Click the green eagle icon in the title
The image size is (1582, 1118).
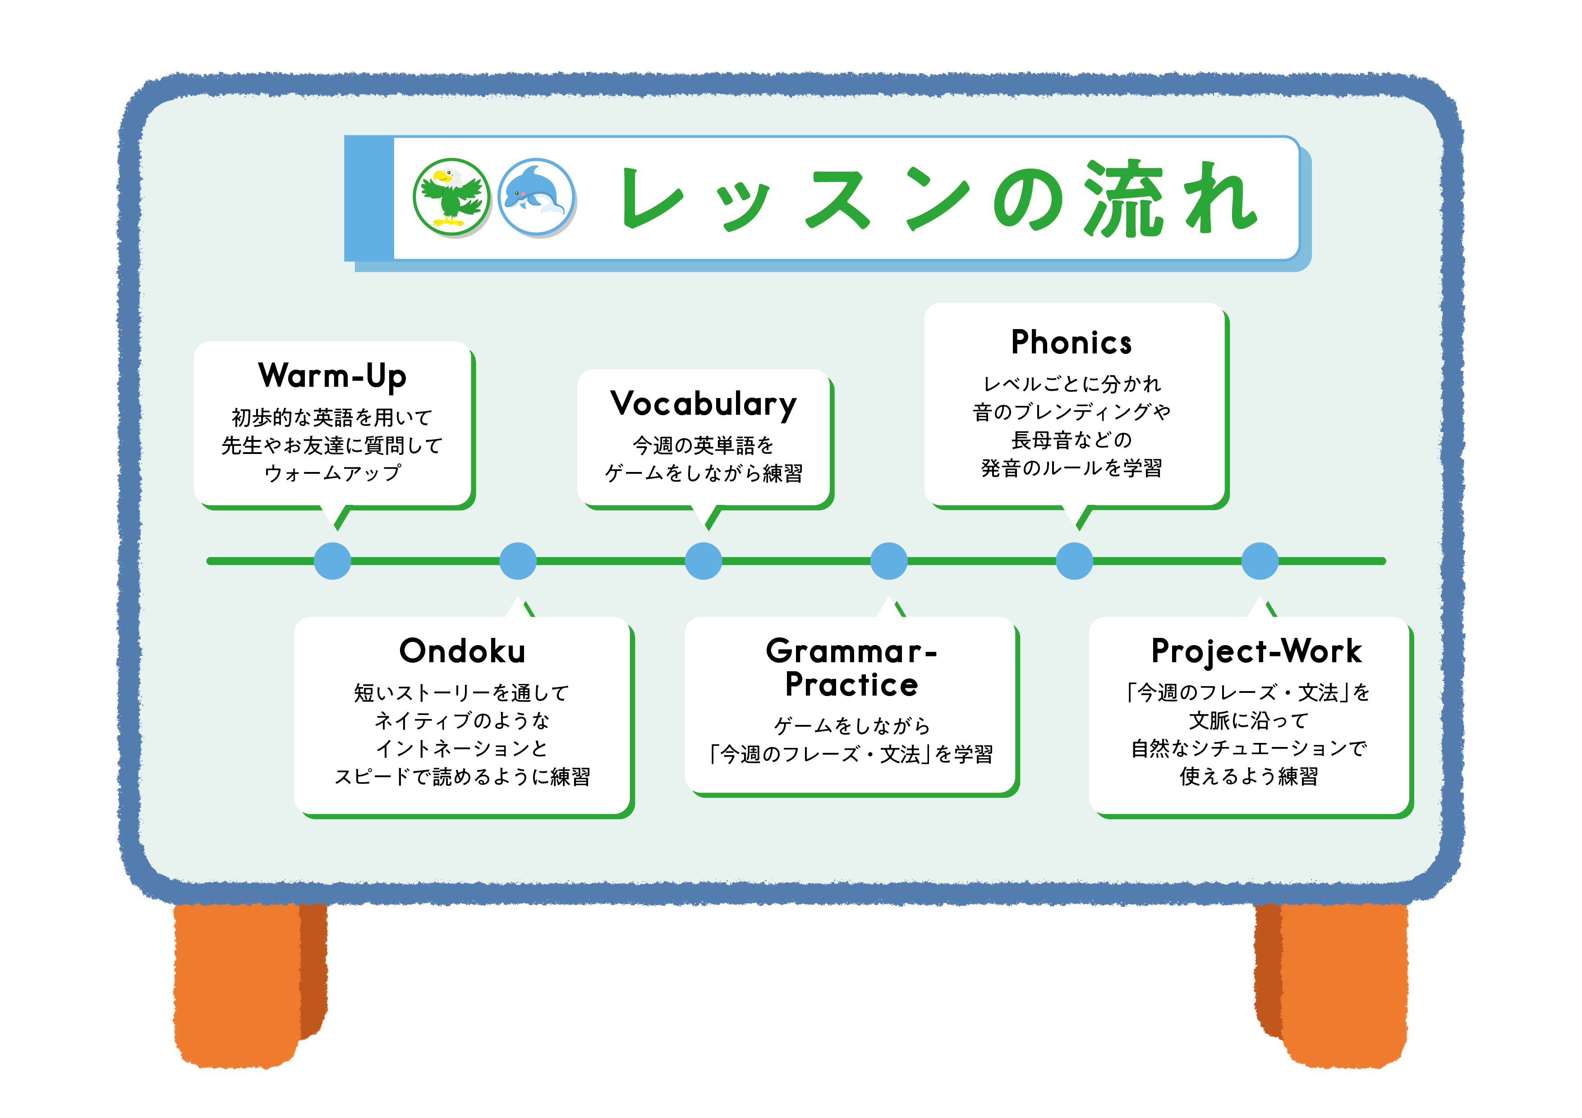(451, 197)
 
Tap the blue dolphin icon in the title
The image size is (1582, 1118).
(535, 197)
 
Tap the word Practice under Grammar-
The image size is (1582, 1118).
(851, 685)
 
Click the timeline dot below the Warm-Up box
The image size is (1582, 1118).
(332, 561)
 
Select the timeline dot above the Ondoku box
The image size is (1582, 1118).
(517, 561)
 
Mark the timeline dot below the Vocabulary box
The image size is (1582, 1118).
(703, 561)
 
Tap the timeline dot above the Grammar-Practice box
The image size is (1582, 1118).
(889, 561)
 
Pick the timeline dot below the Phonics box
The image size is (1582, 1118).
(1074, 561)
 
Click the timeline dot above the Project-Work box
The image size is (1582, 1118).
(1260, 561)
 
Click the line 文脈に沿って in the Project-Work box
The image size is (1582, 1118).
(1249, 720)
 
